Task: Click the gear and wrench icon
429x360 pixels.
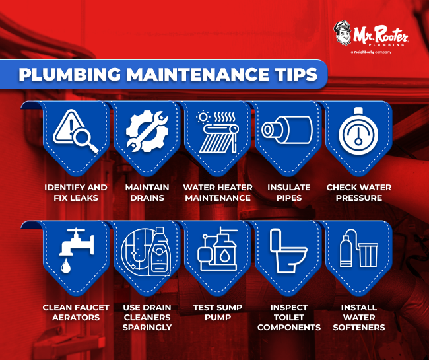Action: coord(147,131)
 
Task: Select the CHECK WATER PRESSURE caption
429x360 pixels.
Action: coord(358,192)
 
